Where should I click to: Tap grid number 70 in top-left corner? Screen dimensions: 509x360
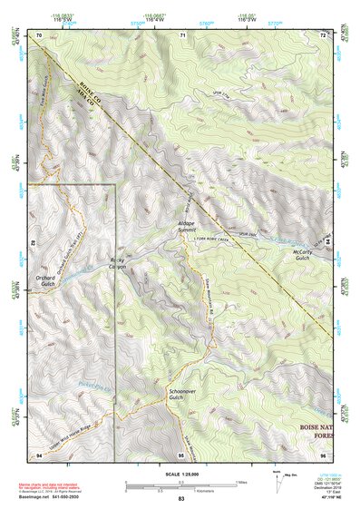39,35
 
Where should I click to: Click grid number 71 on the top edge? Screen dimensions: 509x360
182,35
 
